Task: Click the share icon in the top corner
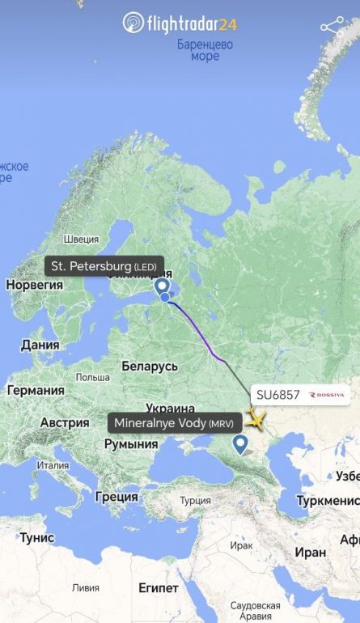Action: point(333,25)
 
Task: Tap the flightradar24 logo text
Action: point(192,23)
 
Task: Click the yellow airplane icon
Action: point(256,419)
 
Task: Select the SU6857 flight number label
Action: point(278,395)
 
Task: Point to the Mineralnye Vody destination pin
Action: point(240,443)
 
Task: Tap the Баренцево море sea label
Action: point(205,50)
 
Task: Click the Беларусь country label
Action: point(150,367)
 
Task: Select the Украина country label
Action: point(171,409)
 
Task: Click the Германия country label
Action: point(36,390)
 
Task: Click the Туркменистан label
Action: point(328,501)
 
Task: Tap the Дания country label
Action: point(40,345)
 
